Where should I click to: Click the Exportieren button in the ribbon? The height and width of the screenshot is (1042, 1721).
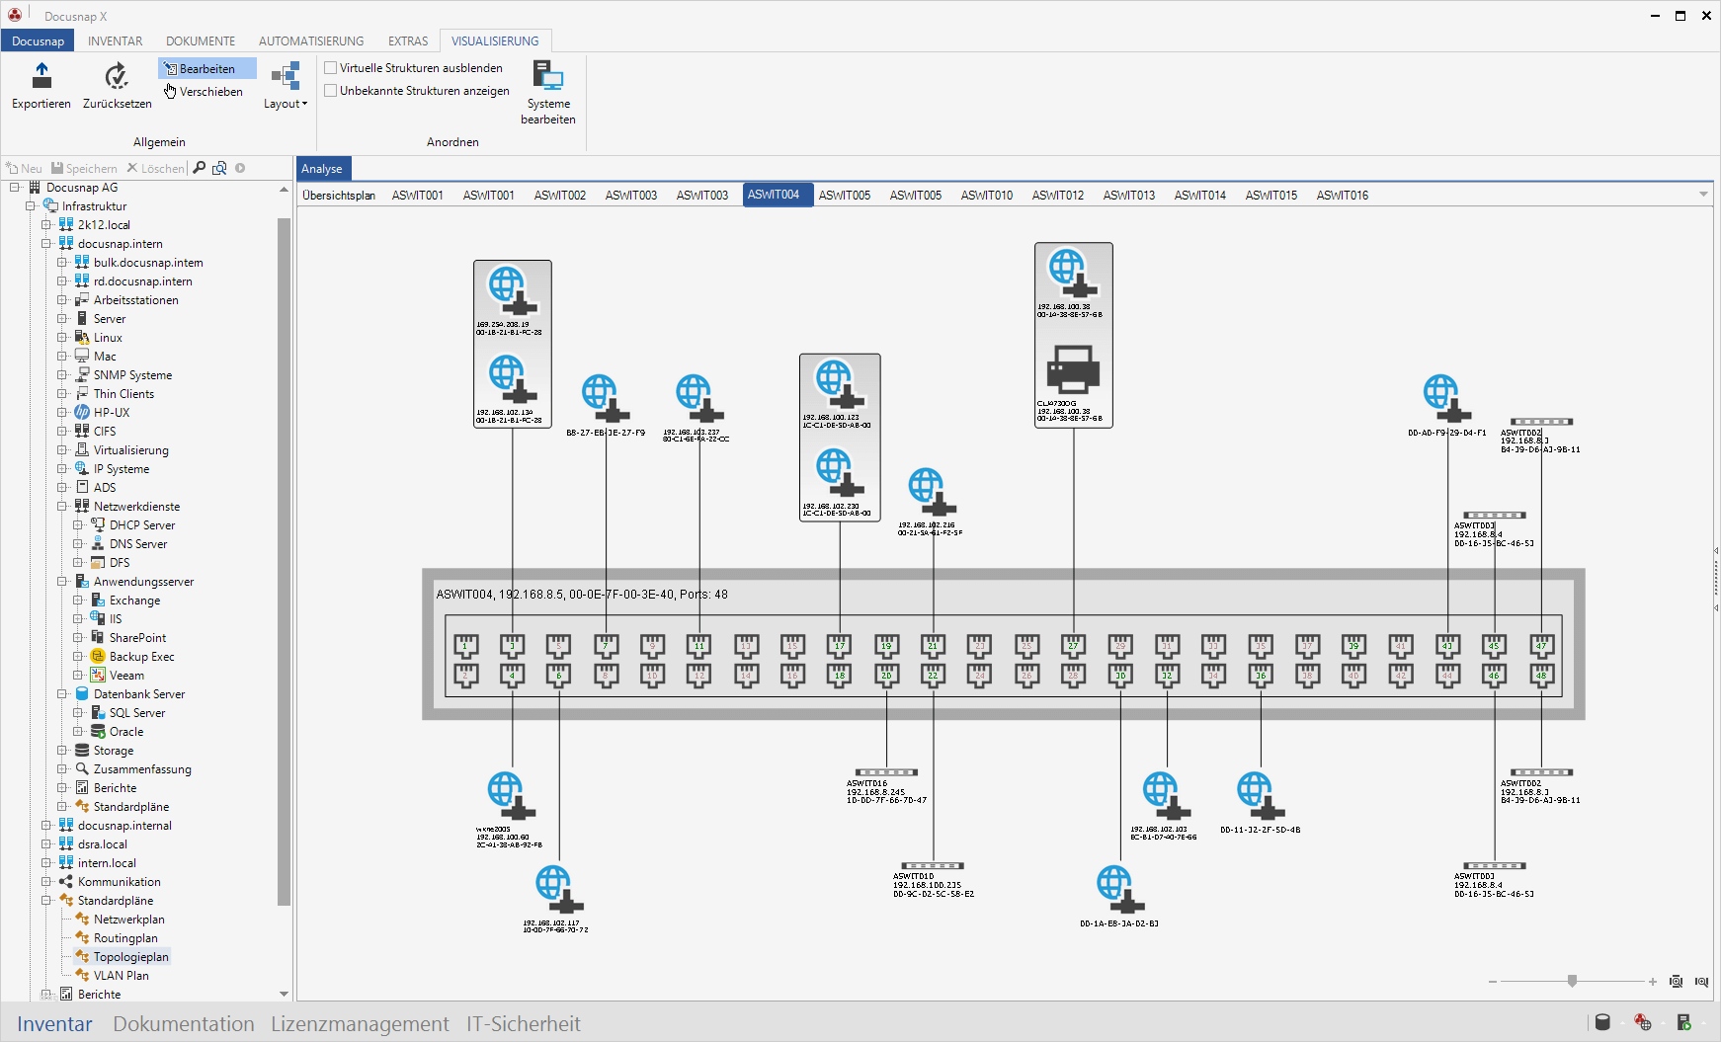[x=41, y=86]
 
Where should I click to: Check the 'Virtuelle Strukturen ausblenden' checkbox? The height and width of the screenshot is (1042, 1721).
[x=331, y=68]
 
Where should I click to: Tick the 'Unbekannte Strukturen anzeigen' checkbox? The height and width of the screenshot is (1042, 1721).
[x=331, y=91]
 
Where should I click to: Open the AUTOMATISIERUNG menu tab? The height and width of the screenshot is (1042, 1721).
[x=311, y=41]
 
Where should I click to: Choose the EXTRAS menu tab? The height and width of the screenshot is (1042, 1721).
[x=407, y=41]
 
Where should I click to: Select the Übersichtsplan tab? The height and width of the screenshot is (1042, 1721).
[x=339, y=196]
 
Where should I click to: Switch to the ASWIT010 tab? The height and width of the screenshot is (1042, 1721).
[x=986, y=196]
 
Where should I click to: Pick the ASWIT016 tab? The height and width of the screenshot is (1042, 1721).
[x=1342, y=196]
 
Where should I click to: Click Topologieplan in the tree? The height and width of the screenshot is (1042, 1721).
[x=130, y=957]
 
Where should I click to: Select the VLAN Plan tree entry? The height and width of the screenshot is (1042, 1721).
[x=121, y=976]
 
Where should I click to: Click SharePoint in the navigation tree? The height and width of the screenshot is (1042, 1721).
[x=137, y=638]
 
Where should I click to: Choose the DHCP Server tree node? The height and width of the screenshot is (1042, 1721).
[x=141, y=525]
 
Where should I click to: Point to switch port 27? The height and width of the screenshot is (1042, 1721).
[x=1073, y=646]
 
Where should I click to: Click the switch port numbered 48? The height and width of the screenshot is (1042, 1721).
[x=1540, y=676]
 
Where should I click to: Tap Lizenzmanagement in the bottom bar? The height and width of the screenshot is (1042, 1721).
[x=360, y=1024]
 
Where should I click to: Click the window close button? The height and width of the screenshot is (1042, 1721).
[x=1706, y=16]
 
